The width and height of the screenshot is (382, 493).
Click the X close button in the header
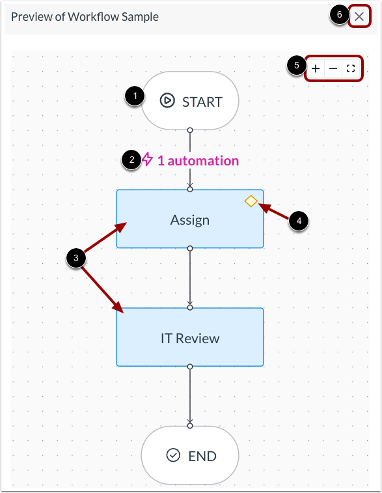coord(359,17)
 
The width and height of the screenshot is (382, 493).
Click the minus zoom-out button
coord(333,68)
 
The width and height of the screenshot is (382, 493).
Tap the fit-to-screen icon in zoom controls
coord(351,68)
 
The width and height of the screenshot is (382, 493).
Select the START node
coord(190,101)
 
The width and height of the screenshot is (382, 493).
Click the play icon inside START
coord(167,101)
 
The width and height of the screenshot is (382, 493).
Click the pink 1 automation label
coord(198,160)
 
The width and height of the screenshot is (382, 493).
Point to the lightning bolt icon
coord(148,160)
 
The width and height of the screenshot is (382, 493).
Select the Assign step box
coord(190,219)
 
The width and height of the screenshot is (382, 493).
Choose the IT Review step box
coord(190,337)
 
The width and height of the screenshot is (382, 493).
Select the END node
coord(190,455)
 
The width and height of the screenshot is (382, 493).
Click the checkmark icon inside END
coord(173,455)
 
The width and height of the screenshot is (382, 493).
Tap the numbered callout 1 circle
coord(135,96)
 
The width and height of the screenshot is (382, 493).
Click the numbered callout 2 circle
coord(131,160)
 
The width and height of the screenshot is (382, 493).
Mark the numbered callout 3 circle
coord(76,259)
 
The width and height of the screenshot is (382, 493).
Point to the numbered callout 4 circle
coord(299,221)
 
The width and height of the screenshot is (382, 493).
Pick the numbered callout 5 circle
coord(297,66)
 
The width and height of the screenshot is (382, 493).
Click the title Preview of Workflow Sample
coord(85,17)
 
